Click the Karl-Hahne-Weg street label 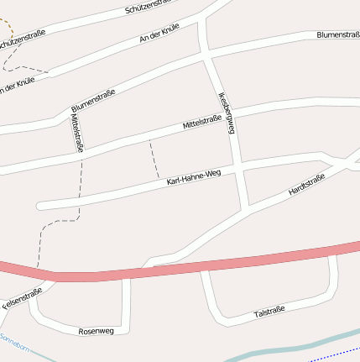[193, 176]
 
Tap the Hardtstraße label [305, 185]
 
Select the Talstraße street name [269, 312]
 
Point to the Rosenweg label [95, 331]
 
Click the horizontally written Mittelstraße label [202, 123]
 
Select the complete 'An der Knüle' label [159, 34]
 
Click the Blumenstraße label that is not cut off [93, 102]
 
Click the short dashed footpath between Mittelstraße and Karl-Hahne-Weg [154, 159]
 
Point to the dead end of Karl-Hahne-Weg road [39, 204]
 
